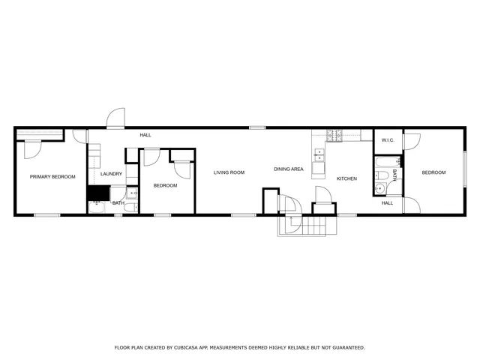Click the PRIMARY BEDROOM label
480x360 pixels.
pyautogui.click(x=52, y=177)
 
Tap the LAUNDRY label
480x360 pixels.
pyautogui.click(x=111, y=174)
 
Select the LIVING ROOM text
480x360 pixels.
pyautogui.click(x=229, y=172)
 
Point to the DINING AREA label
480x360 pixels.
pyautogui.click(x=288, y=169)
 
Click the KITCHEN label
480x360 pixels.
pyautogui.click(x=346, y=178)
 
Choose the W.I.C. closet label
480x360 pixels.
pyautogui.click(x=388, y=140)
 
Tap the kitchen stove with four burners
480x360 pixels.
pyautogui.click(x=334, y=135)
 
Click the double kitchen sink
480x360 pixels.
pyautogui.click(x=319, y=156)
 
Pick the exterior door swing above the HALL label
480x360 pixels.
pyautogui.click(x=116, y=118)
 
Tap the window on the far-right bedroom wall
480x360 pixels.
pyautogui.click(x=465, y=169)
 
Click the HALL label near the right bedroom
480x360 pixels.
pyautogui.click(x=387, y=203)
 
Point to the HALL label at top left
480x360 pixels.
pyautogui.click(x=145, y=135)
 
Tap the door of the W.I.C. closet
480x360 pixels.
pyautogui.click(x=411, y=142)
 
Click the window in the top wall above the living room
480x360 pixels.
pyautogui.click(x=258, y=127)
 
